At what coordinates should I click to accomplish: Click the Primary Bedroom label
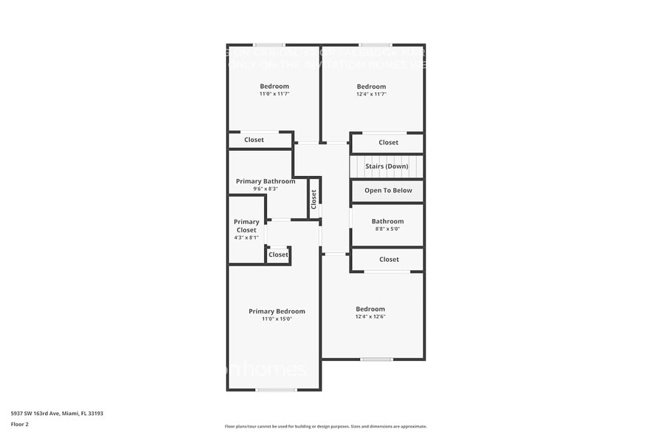[276, 311]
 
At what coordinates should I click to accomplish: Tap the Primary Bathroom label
[265, 181]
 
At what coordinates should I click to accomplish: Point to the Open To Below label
[388, 190]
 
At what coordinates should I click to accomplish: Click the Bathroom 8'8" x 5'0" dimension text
[387, 229]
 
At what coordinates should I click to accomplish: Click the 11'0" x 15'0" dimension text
[276, 319]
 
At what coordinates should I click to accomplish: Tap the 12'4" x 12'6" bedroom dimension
[370, 317]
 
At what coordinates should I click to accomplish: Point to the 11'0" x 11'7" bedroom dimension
[274, 94]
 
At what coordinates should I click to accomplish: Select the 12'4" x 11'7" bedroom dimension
[371, 94]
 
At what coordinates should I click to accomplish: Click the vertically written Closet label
[314, 198]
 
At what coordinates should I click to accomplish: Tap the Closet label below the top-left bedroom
[254, 140]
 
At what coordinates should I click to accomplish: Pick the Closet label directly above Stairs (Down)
[388, 142]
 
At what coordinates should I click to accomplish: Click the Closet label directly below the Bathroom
[389, 259]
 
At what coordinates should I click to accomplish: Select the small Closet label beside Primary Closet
[278, 254]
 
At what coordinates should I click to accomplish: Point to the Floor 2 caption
[20, 425]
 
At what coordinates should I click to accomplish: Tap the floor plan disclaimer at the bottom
[325, 426]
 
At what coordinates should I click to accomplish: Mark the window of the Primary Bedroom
[276, 390]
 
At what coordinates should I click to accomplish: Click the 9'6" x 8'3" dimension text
[265, 189]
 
